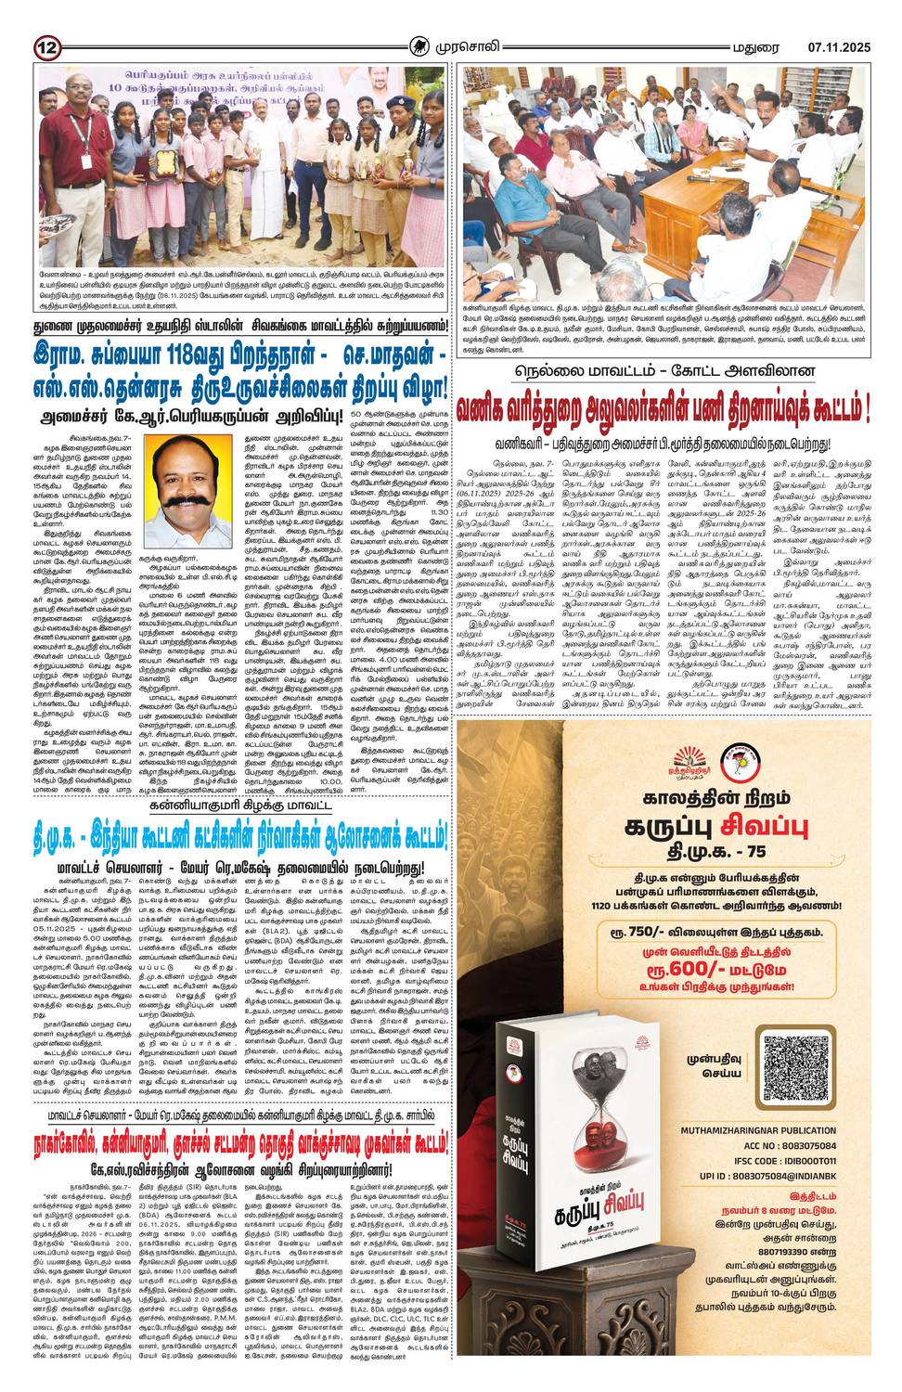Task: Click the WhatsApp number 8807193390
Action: click(766, 1267)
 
